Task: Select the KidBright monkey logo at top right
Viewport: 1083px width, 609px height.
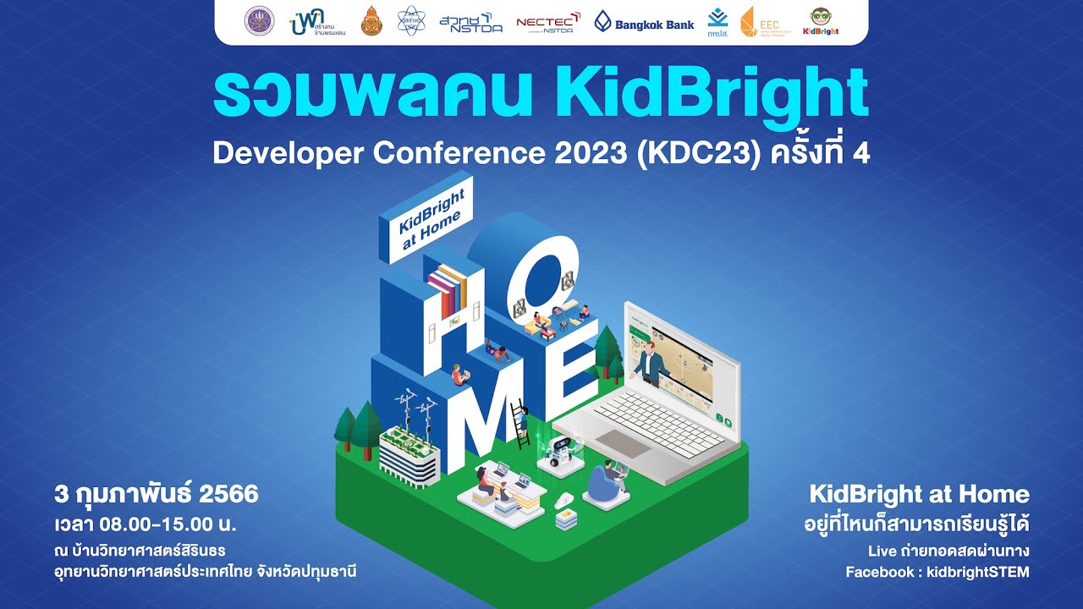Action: pyautogui.click(x=820, y=22)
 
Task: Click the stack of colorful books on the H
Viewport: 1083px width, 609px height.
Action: pyautogui.click(x=448, y=290)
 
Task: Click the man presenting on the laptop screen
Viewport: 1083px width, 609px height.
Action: pyautogui.click(x=650, y=365)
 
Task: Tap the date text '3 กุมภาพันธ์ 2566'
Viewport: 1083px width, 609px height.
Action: pyautogui.click(x=156, y=493)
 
